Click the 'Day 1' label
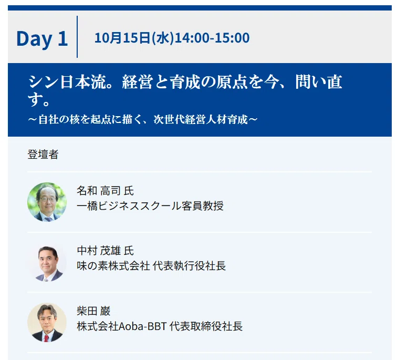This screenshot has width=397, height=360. (x=42, y=38)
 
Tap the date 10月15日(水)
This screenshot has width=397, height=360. (x=134, y=38)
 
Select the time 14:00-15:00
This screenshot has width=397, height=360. (x=212, y=38)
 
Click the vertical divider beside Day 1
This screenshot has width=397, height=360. (x=77, y=37)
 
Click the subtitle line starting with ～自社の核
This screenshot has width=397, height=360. (x=142, y=119)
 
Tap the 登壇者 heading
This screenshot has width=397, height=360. (x=43, y=155)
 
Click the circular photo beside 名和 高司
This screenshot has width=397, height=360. (x=47, y=202)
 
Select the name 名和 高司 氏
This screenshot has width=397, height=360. (x=105, y=191)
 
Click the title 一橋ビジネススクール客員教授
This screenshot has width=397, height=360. (x=150, y=205)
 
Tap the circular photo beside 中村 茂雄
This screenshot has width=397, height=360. (x=47, y=262)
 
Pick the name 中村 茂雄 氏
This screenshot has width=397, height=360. (x=105, y=251)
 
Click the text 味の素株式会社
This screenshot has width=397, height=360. (x=113, y=266)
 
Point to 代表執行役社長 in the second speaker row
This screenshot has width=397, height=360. (x=189, y=266)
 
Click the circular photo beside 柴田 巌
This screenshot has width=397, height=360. (x=47, y=322)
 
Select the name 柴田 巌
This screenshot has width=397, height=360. (x=93, y=311)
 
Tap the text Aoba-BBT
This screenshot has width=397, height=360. (x=142, y=326)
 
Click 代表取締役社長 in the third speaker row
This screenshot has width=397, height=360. (x=206, y=326)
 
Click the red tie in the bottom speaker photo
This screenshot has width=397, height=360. (x=46, y=338)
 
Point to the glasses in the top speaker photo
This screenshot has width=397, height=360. (x=48, y=199)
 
